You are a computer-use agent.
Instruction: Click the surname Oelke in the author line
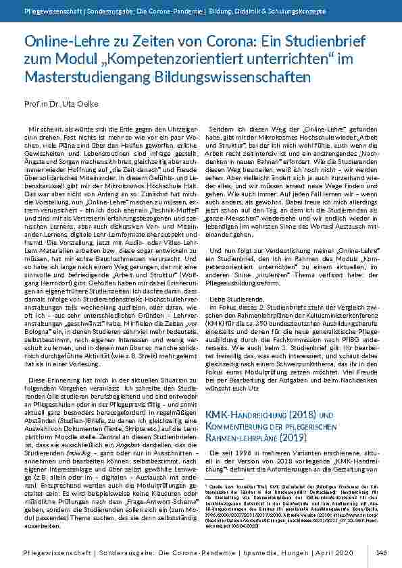pos(89,105)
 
